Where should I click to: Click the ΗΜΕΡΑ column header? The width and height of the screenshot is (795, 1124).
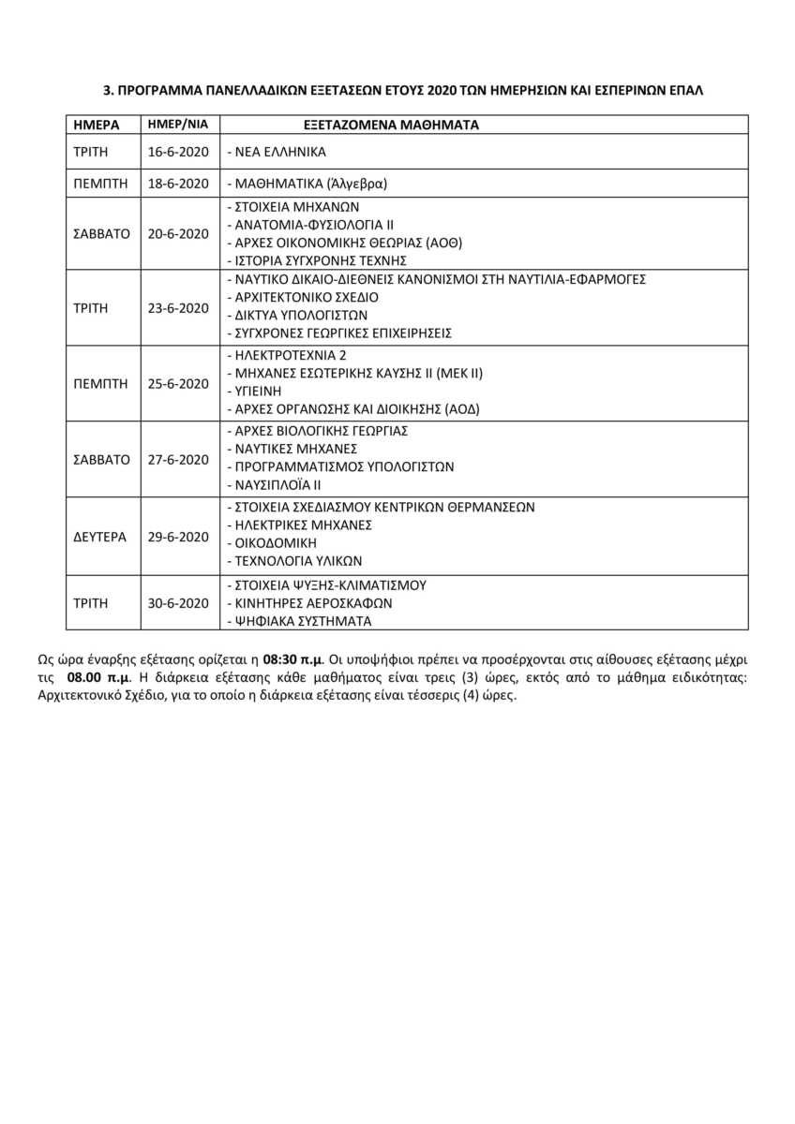point(93,125)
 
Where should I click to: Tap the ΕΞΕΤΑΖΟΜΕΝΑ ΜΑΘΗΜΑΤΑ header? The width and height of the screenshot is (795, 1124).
point(391,125)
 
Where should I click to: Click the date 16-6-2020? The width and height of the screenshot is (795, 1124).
point(178,151)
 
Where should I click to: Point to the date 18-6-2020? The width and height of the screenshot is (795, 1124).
point(178,185)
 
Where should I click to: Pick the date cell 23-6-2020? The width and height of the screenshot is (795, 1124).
point(178,307)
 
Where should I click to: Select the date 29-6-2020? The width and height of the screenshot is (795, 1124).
point(178,537)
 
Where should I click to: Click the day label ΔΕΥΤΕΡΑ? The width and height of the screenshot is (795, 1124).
point(99,537)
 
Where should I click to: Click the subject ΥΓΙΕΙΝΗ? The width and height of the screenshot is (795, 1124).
point(257,391)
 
